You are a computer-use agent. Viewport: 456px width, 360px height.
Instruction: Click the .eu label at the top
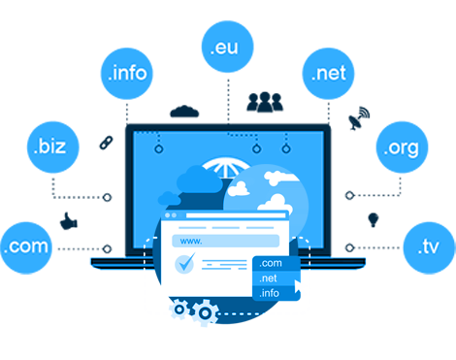click(x=224, y=48)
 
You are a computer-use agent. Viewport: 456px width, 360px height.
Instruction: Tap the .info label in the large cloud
click(x=128, y=73)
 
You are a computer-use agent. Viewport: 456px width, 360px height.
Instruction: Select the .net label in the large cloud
click(x=328, y=73)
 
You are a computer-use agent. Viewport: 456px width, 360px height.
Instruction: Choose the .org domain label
click(x=400, y=148)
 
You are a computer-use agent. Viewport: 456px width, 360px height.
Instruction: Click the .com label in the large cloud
click(x=26, y=246)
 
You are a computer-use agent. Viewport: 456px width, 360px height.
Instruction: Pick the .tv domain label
click(x=428, y=246)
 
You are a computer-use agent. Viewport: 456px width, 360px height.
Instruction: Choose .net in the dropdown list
click(x=270, y=278)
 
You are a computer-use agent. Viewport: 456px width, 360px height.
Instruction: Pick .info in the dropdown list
click(x=271, y=293)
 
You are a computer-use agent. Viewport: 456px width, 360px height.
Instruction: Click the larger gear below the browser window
click(x=205, y=312)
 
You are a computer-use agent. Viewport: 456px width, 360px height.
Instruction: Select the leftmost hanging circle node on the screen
click(x=157, y=148)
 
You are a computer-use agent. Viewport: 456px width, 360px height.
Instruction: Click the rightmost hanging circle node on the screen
click(x=285, y=148)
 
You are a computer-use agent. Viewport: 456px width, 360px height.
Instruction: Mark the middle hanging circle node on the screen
click(x=256, y=148)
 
